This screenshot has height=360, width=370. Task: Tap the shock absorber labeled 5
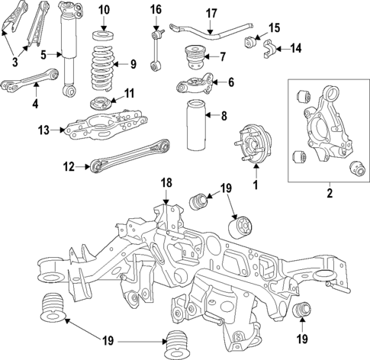click(x=67, y=50)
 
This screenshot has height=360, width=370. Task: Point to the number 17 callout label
click(x=211, y=13)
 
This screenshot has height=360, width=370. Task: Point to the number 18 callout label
click(x=166, y=184)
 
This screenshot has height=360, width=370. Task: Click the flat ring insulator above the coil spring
click(x=102, y=36)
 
